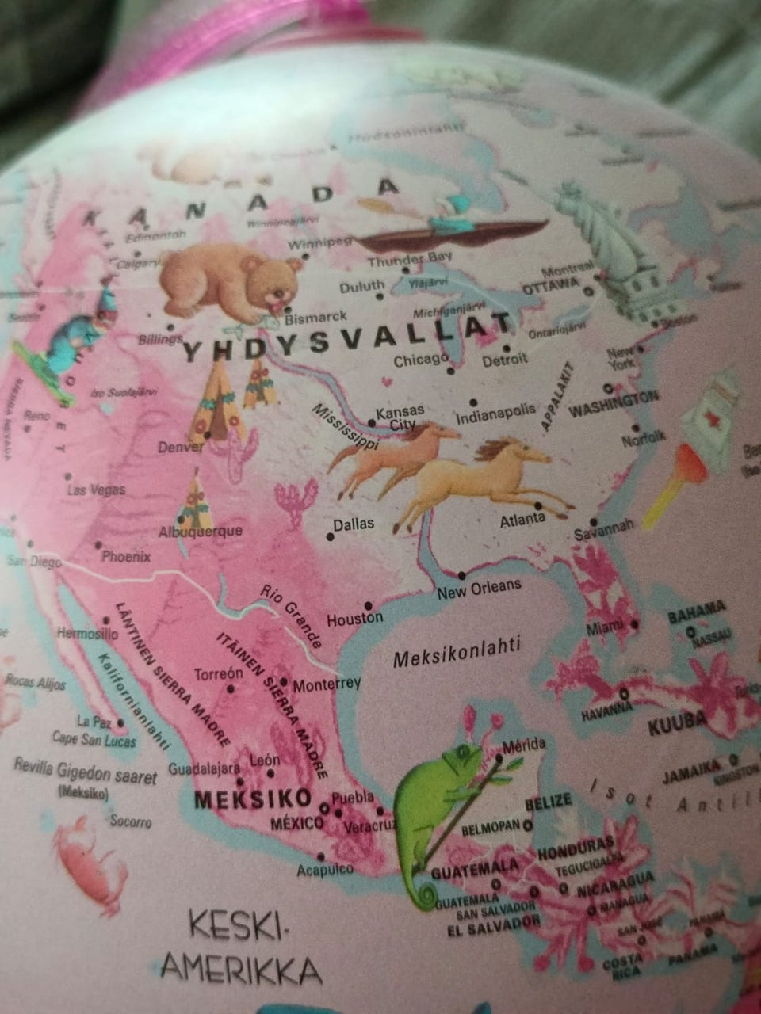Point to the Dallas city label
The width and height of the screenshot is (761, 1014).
click(354, 524)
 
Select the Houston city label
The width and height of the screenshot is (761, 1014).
click(355, 619)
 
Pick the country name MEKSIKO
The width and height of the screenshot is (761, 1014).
click(252, 797)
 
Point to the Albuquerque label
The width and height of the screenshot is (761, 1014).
click(201, 532)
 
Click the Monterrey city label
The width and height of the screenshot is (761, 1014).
click(327, 684)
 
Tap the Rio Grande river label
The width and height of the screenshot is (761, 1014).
click(291, 615)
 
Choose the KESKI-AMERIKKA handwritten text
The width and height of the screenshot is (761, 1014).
click(242, 947)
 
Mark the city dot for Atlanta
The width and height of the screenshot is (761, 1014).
click(538, 505)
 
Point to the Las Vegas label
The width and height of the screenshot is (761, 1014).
click(96, 490)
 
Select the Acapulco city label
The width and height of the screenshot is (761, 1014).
click(325, 869)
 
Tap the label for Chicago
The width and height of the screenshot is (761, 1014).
click(421, 360)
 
